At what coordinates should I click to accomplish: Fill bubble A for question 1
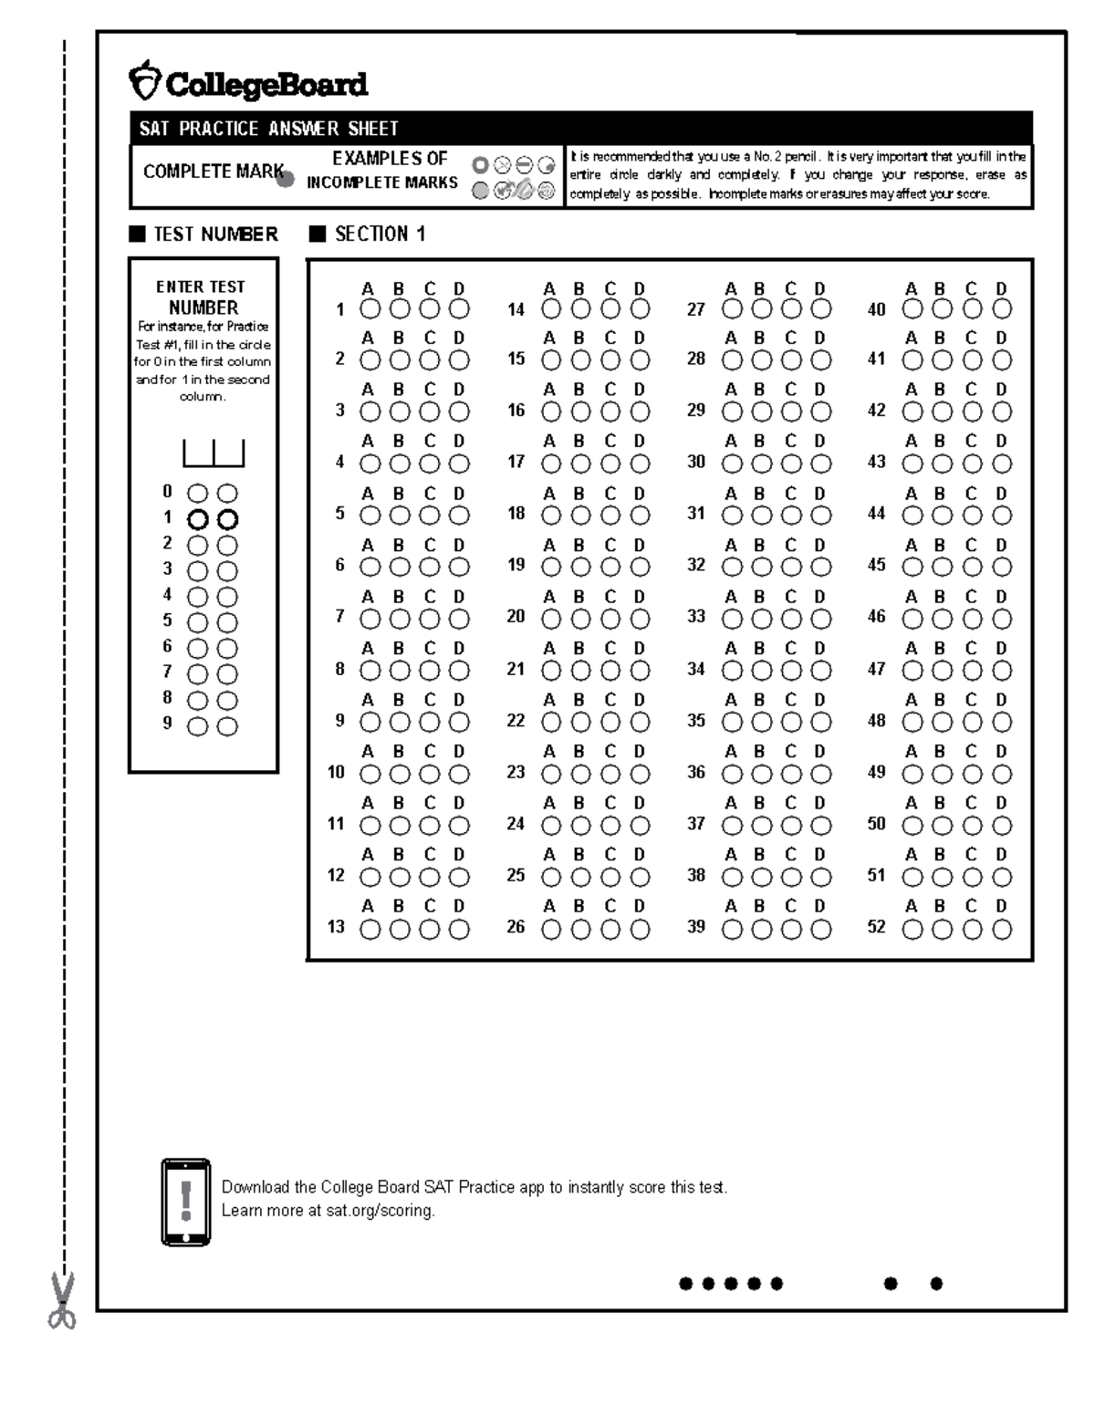point(370,309)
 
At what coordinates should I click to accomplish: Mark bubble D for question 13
point(459,930)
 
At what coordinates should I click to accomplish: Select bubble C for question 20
point(610,620)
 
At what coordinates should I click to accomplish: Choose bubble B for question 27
point(761,309)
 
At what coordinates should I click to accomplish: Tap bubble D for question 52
point(1002,930)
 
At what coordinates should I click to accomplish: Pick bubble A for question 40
point(912,309)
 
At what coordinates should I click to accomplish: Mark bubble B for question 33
point(761,620)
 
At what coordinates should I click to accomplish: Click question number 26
point(516,927)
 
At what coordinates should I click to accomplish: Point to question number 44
point(876,514)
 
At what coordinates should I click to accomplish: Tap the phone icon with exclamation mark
point(186,1202)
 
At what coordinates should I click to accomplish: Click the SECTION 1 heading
point(380,234)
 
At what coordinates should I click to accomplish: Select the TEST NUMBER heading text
point(215,234)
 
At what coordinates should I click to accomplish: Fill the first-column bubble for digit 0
point(198,494)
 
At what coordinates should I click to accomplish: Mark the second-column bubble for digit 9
point(227,727)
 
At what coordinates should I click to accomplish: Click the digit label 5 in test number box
point(167,620)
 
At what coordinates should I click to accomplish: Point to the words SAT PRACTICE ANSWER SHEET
point(268,129)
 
